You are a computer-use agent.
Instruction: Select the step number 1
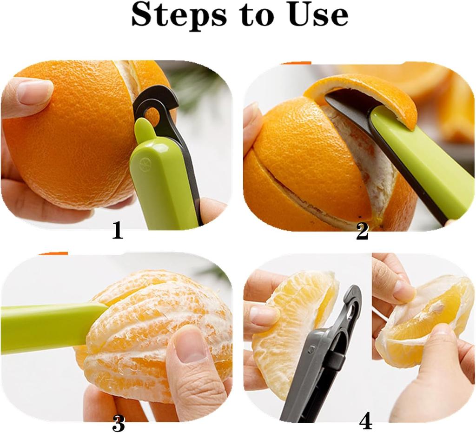[x=117, y=231]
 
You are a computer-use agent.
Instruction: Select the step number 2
[x=362, y=232]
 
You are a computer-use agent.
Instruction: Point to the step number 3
[x=118, y=423]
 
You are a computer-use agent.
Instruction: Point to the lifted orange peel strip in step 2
[x=367, y=93]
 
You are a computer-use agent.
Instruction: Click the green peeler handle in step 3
[x=46, y=326]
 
